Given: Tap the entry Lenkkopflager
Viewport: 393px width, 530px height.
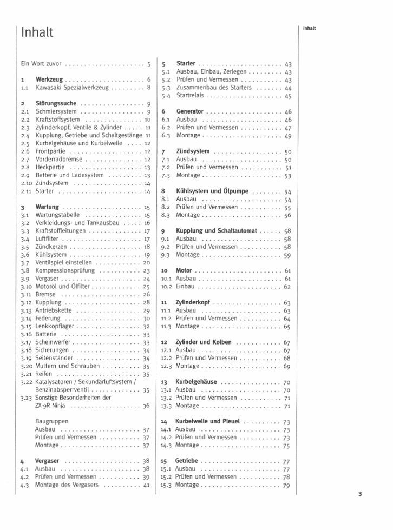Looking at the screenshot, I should (x=56, y=326).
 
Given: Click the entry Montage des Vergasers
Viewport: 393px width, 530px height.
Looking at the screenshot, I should (x=68, y=485).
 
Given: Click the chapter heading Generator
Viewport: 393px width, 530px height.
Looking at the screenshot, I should (x=190, y=111).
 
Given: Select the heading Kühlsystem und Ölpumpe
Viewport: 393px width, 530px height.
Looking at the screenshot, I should (x=212, y=191).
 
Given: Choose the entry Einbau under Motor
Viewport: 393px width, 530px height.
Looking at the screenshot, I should (x=186, y=286).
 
